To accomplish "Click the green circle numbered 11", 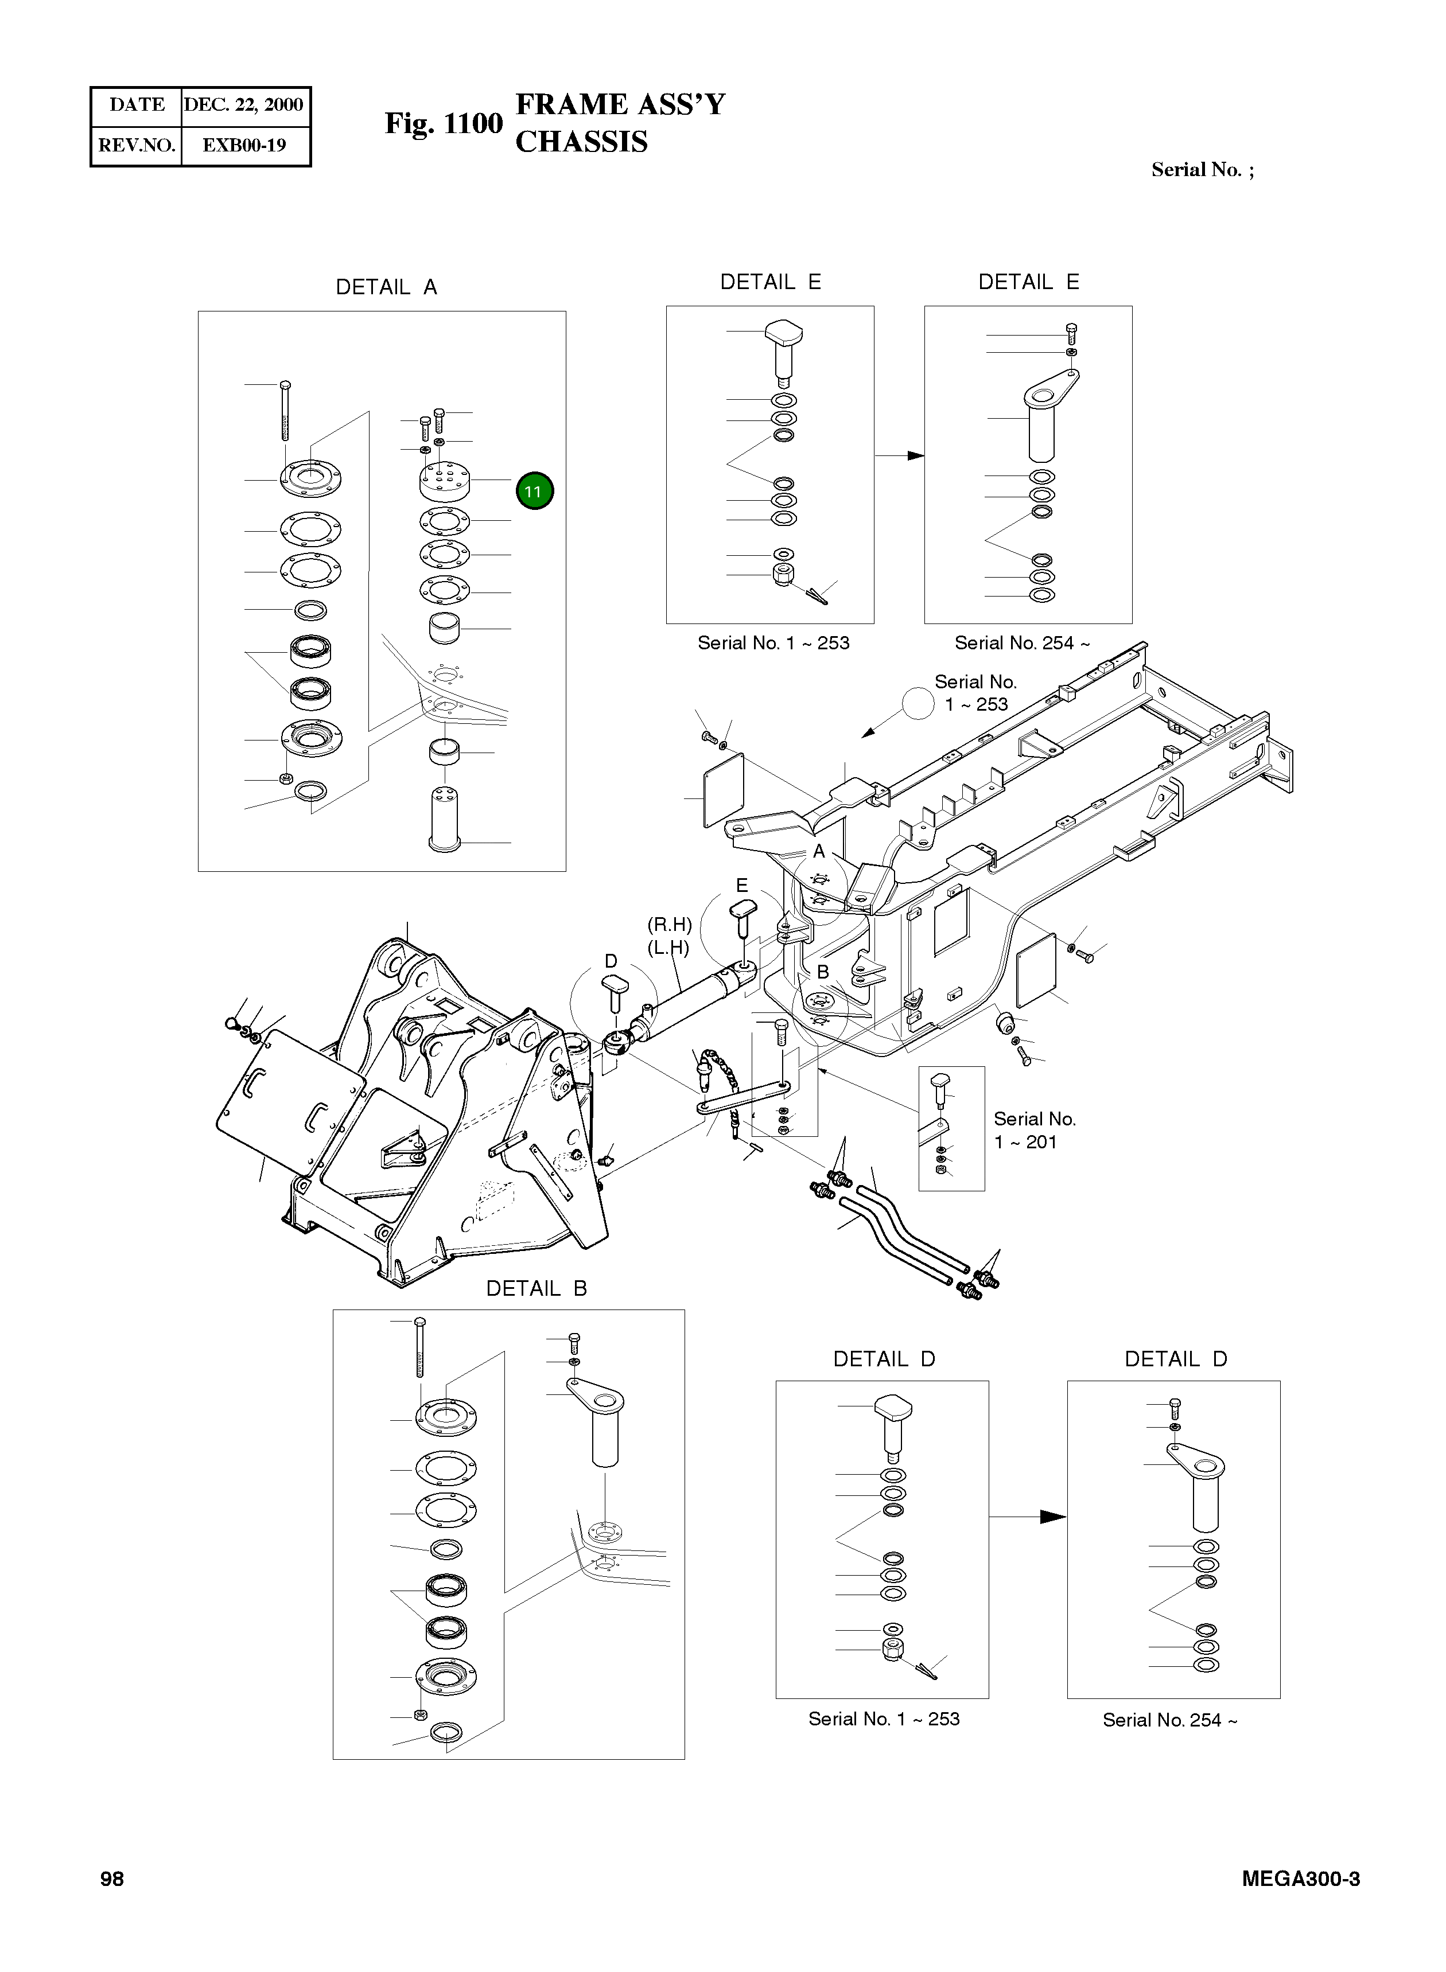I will coord(534,491).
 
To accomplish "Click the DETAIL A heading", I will coord(386,287).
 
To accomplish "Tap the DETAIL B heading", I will coord(536,1288).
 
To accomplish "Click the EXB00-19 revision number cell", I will coord(244,145).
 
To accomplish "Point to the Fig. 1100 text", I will coord(444,123).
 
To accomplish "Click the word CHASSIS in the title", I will coord(581,142).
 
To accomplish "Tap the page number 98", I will coord(112,1879).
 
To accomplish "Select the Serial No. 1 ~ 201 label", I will coord(1034,1131).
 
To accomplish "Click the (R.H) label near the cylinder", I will coord(670,925).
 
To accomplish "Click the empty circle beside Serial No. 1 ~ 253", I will coord(918,703).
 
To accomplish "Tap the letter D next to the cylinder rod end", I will coord(611,961).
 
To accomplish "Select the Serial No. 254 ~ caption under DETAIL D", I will coord(1169,1720).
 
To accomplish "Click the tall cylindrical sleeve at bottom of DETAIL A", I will coord(444,818).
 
